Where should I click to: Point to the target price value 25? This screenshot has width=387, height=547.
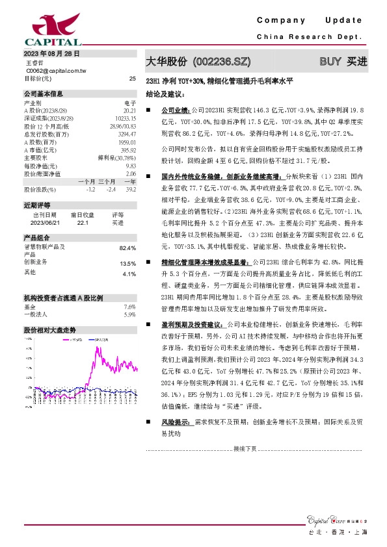point(133,78)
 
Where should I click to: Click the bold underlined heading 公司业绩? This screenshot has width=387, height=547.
point(174,112)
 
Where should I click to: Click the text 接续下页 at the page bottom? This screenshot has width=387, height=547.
point(244,448)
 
